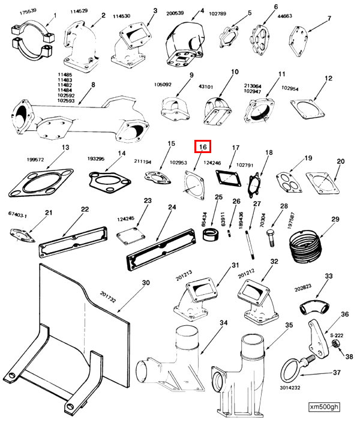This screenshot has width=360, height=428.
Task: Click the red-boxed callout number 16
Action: (x=202, y=147)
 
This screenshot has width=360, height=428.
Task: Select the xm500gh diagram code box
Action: (x=325, y=406)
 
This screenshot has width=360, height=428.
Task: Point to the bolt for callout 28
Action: (x=269, y=237)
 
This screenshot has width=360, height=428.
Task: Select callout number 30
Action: (x=145, y=283)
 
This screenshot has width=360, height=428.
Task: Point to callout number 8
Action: (x=93, y=85)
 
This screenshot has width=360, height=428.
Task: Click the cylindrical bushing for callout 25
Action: (x=212, y=235)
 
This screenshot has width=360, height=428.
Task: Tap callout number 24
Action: (x=172, y=208)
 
